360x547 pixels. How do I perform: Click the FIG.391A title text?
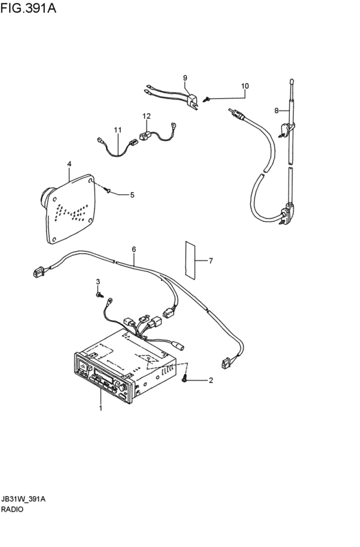tap(28, 8)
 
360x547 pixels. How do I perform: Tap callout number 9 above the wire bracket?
tap(185, 77)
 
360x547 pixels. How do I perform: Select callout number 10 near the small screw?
tap(245, 86)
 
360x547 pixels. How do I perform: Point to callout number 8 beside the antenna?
tap(276, 111)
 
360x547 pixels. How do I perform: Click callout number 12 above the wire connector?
tap(147, 116)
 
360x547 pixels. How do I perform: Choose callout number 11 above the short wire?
tap(118, 130)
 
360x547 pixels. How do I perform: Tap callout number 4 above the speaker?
tap(69, 164)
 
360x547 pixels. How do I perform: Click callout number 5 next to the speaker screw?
tap(132, 195)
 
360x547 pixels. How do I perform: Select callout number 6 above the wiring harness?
tap(134, 249)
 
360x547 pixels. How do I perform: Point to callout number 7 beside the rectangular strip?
tap(211, 260)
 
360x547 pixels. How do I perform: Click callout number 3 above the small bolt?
tap(98, 281)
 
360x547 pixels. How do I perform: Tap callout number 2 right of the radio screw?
tap(211, 381)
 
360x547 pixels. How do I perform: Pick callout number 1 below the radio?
tap(101, 408)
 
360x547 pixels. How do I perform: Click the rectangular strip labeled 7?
tap(190, 260)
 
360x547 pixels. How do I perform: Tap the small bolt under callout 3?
tap(99, 295)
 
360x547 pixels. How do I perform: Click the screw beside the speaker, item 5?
tap(107, 190)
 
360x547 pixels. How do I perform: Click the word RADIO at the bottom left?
tap(12, 509)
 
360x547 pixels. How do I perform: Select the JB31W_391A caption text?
tap(23, 499)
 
